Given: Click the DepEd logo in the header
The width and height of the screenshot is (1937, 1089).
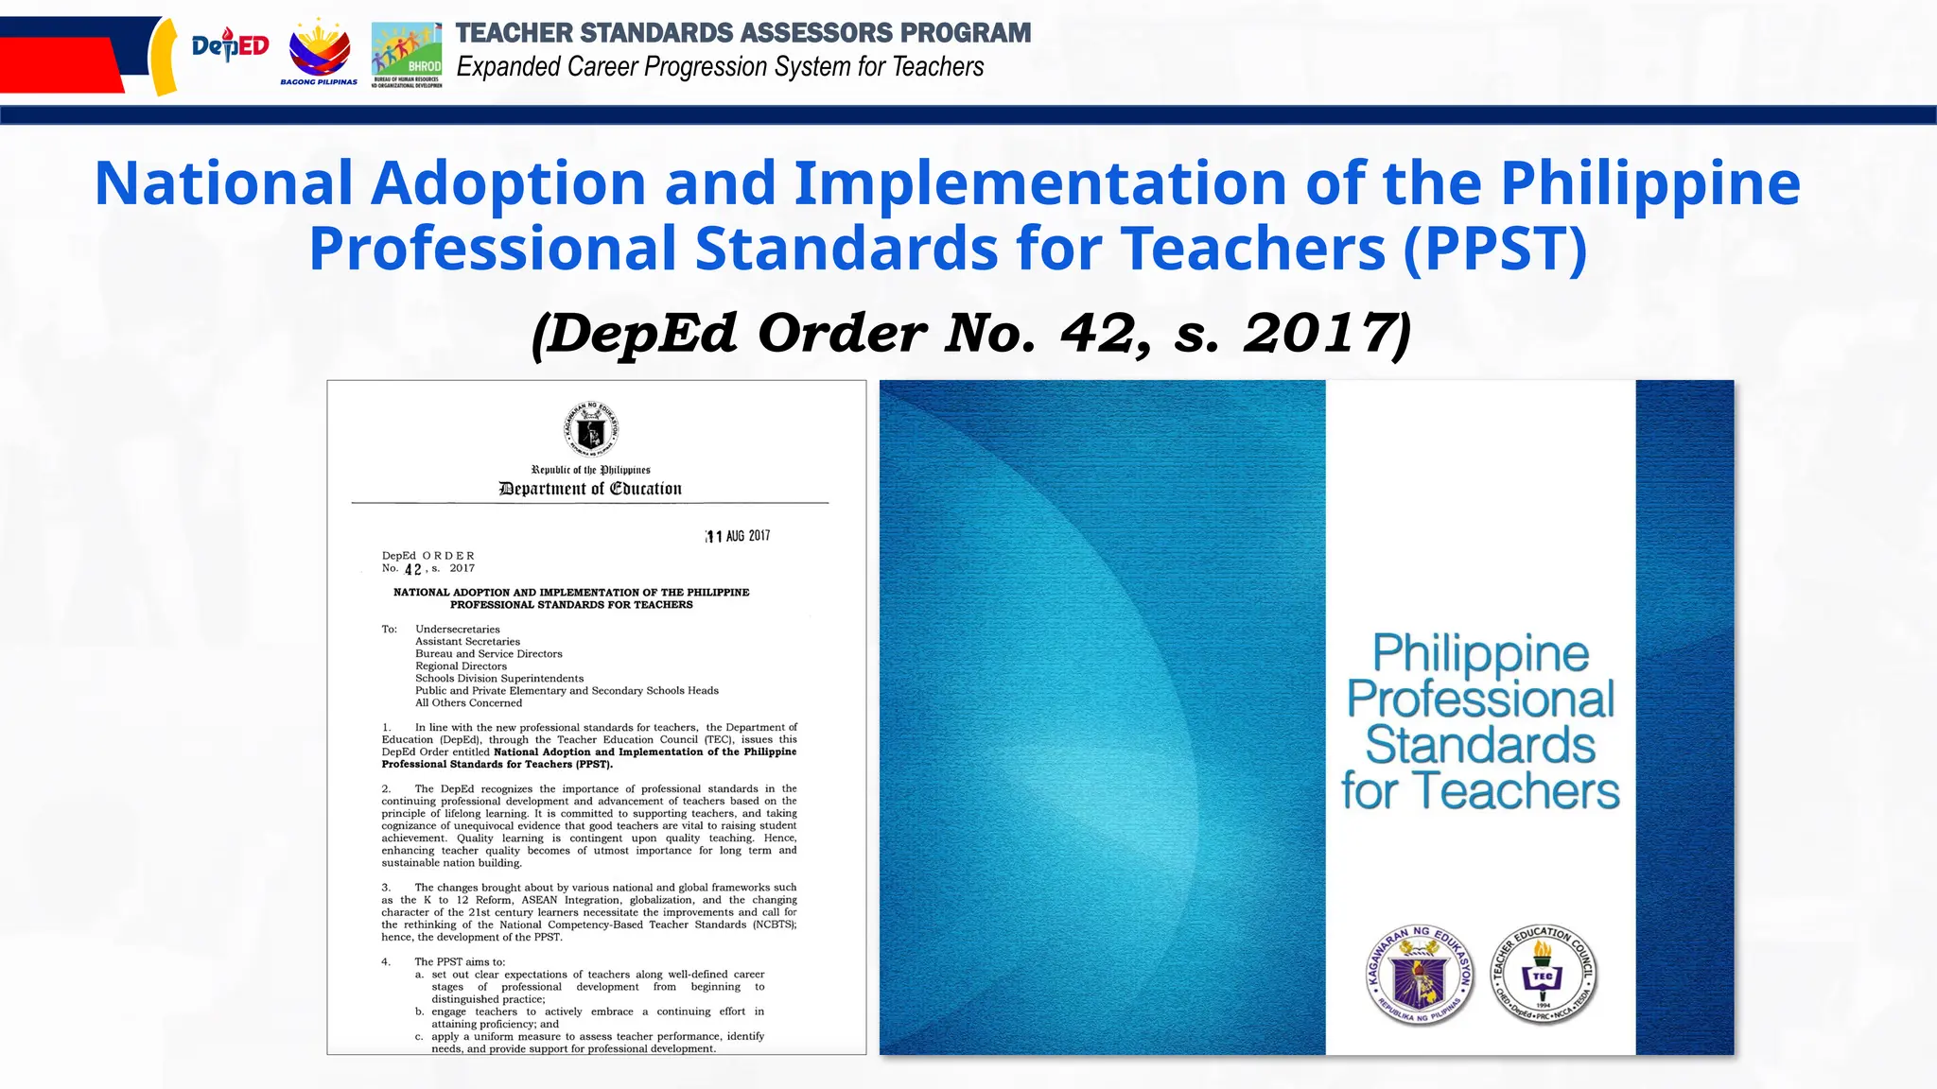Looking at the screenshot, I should (230, 46).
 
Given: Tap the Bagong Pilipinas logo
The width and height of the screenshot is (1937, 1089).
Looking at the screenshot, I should (320, 53).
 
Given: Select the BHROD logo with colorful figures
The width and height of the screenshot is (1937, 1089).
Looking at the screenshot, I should (407, 53).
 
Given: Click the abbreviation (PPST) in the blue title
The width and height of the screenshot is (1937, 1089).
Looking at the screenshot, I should (1495, 249).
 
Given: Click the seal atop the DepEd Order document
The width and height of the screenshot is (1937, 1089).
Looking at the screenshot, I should (591, 430).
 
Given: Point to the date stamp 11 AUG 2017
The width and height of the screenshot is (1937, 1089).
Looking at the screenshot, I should (738, 536).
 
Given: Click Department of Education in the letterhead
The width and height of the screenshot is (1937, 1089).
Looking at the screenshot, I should (590, 489).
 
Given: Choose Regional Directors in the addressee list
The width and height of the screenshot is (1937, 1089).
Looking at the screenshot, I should (461, 666).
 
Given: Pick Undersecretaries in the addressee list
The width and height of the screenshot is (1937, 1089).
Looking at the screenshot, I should (458, 630).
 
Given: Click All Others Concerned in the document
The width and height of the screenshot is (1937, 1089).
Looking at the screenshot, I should (468, 703).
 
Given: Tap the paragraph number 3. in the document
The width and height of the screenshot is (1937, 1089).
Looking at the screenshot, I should (386, 888).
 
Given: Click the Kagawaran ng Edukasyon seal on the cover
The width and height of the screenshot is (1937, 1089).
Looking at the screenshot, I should (1420, 975).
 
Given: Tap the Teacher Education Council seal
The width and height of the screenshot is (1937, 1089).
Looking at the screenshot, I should (1544, 975).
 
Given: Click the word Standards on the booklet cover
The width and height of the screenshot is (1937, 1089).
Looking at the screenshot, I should (1480, 745).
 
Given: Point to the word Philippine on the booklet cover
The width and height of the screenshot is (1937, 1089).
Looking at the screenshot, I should (1480, 653).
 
